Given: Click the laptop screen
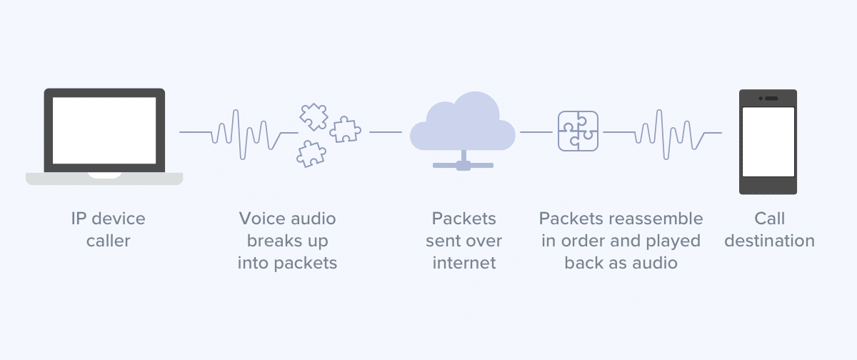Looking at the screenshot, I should point(104,131).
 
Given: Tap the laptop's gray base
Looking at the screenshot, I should point(104,179).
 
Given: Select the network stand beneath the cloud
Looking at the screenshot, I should point(463,162).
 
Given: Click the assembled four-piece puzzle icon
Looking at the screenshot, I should point(578,131).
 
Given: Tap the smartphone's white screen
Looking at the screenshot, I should point(768,141).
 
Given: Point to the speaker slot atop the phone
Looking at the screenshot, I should point(771,97).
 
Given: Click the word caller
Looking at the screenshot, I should point(108,241).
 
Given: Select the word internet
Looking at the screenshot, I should point(463,263).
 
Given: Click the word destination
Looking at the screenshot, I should point(769,241).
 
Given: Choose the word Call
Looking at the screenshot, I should point(769,219).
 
